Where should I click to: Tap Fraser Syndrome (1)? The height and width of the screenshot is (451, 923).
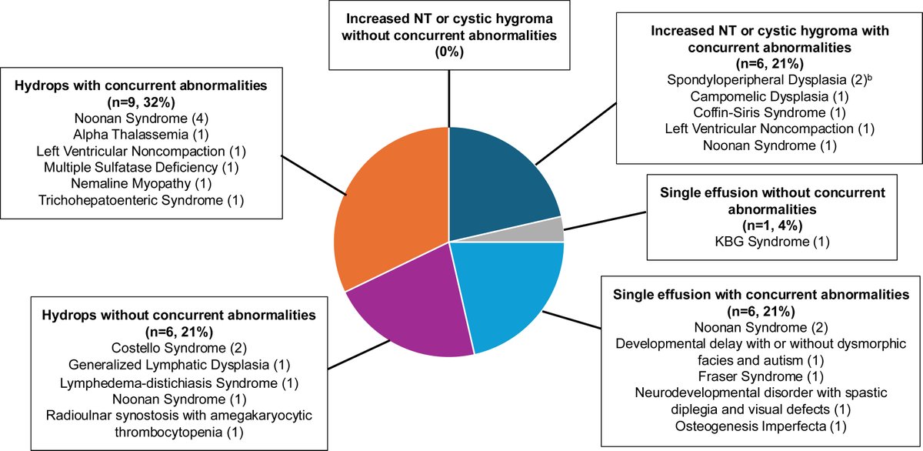click(x=760, y=376)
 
